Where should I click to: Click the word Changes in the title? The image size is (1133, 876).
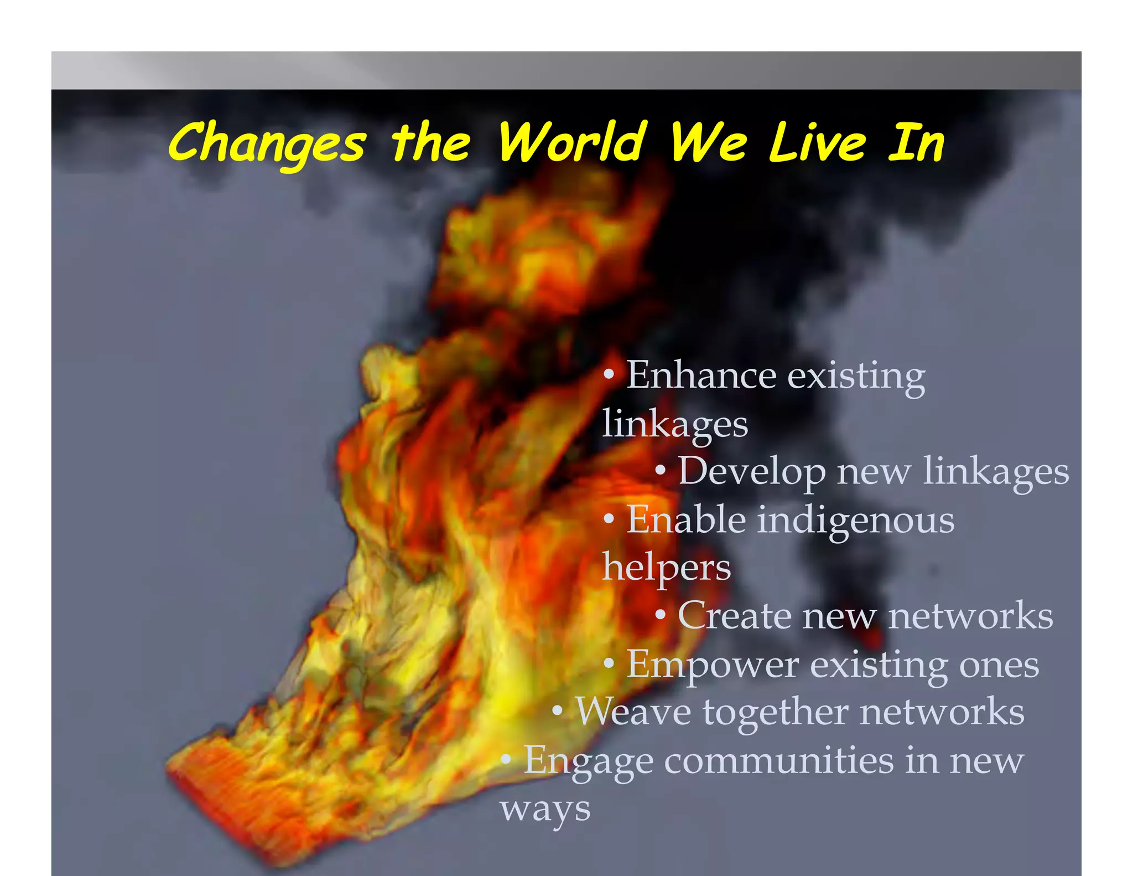coord(267,143)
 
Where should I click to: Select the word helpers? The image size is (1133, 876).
coord(666,568)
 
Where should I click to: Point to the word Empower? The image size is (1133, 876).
coord(713,664)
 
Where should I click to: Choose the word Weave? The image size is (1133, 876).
coord(633,712)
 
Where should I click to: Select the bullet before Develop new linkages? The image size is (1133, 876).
coord(660,471)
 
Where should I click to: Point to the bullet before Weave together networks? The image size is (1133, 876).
coord(558,710)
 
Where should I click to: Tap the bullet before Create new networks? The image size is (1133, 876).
coord(660,615)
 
